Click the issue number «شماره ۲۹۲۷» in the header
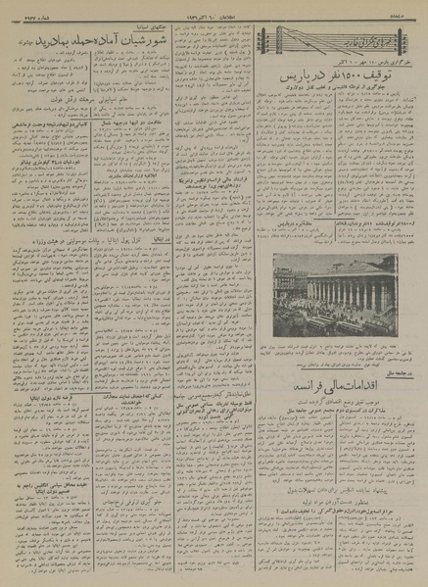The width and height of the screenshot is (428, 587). pos(24,11)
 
